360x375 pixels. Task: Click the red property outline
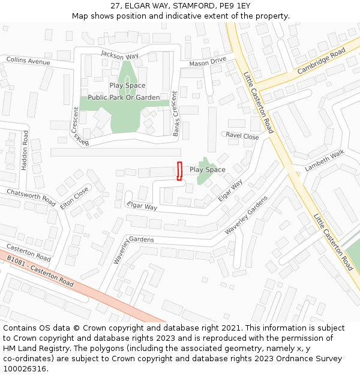[179, 171]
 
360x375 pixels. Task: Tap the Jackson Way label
[119, 55]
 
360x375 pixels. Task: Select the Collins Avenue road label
[28, 61]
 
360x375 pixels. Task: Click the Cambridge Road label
[322, 61]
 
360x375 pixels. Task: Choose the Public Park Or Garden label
[124, 97]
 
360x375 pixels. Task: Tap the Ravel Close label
[242, 136]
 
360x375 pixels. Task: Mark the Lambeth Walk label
[325, 161]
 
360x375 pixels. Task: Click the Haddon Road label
[25, 151]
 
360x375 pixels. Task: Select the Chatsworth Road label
[31, 196]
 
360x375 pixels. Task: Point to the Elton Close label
[74, 197]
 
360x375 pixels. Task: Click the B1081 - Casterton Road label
[40, 271]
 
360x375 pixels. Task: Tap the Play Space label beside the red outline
[208, 170]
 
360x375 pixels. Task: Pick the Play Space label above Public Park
[127, 85]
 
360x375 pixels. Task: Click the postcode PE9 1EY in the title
[235, 6]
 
